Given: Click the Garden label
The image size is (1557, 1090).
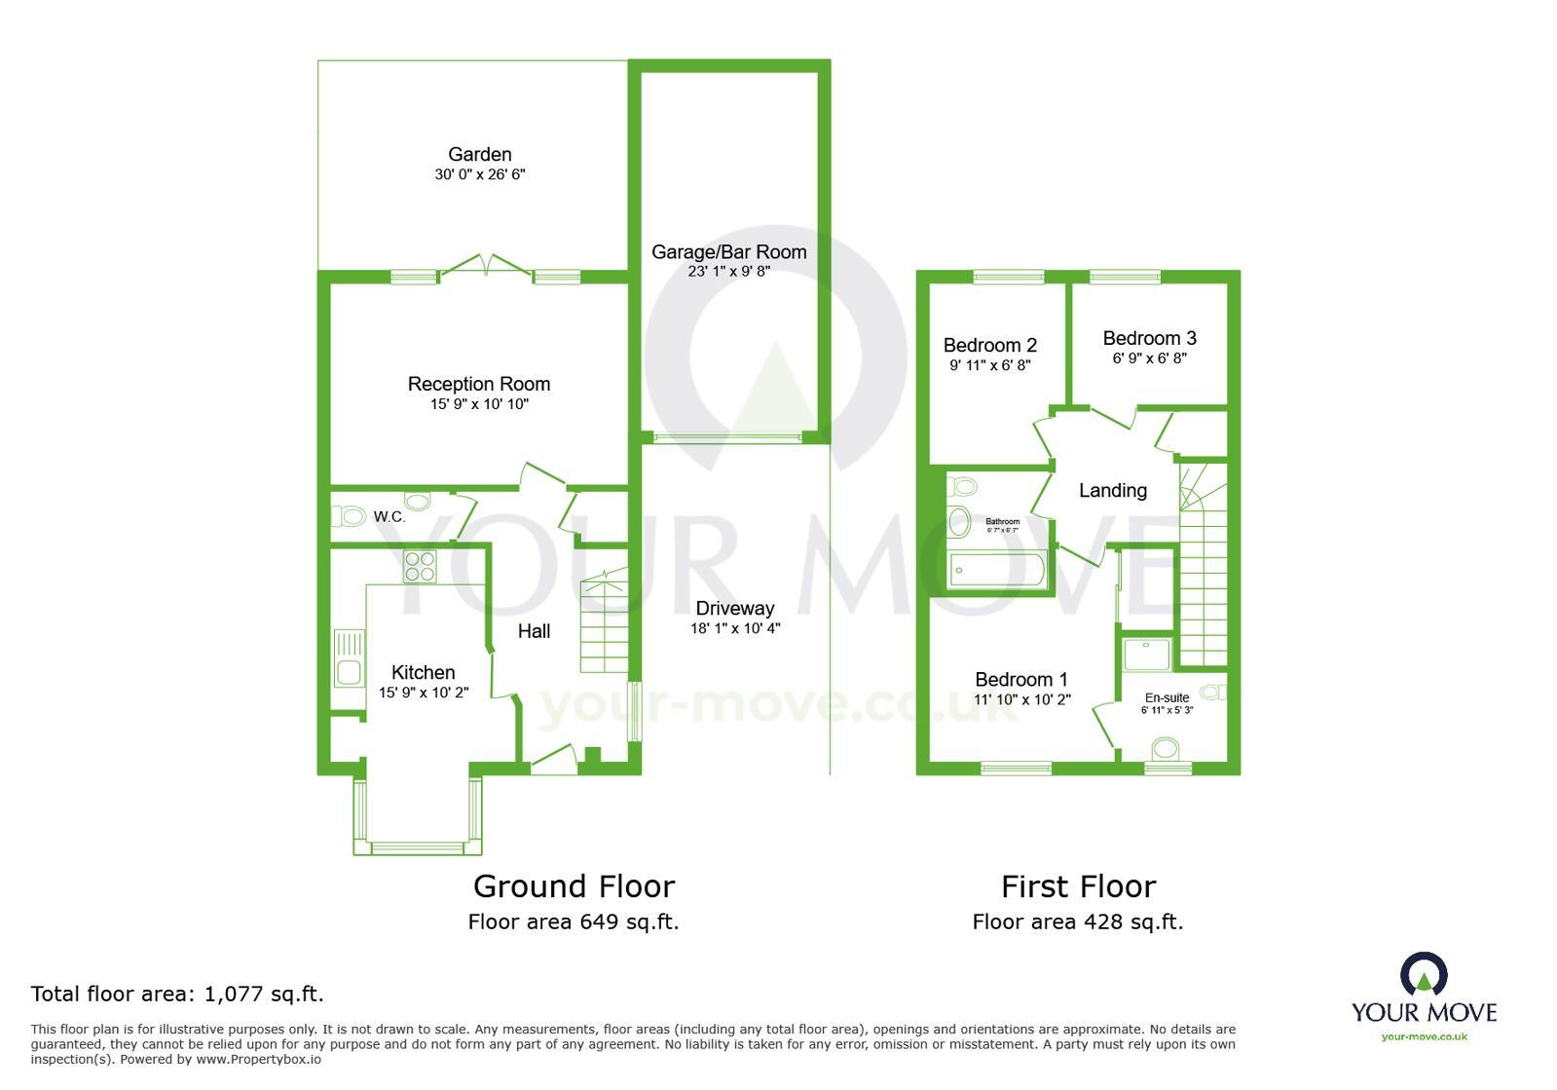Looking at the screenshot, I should click(x=479, y=154).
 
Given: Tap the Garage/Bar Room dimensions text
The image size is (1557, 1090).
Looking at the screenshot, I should click(x=728, y=272).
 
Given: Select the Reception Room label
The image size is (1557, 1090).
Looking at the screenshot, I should click(x=479, y=384).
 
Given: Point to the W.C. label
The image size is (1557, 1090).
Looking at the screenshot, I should click(x=389, y=517).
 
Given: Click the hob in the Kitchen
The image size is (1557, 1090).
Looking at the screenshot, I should click(x=420, y=566).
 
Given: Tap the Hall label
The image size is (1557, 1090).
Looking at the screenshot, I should click(x=534, y=631).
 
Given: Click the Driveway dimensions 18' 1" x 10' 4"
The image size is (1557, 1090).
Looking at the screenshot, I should click(x=735, y=628).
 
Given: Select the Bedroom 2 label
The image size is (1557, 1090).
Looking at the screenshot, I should click(x=989, y=345).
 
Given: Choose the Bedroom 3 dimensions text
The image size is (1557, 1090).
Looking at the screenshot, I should click(x=1149, y=358).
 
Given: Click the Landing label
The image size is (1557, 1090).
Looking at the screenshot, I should click(x=1112, y=491).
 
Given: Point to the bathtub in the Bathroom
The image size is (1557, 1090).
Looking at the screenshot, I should click(x=996, y=570).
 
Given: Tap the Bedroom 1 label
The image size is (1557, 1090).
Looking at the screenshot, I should click(x=1021, y=679).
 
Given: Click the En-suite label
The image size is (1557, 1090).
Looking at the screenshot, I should click(x=1167, y=697).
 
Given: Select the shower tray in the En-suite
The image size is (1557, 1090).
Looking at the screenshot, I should click(x=1147, y=654).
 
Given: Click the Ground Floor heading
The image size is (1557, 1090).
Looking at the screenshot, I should click(x=574, y=886).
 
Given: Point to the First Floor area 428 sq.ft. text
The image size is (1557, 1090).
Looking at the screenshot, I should click(x=1077, y=921).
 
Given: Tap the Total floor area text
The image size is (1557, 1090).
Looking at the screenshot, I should click(x=177, y=994).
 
